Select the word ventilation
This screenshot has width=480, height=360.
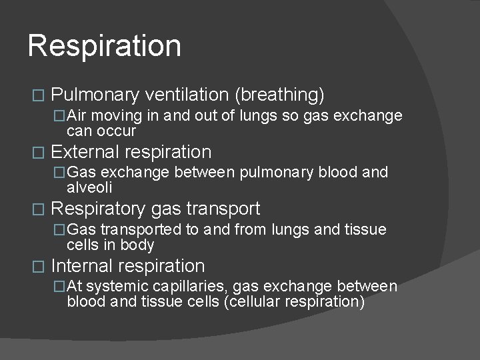point(187,95)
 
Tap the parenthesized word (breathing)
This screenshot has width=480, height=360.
point(280,95)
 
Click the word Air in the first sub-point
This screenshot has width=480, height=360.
point(83,116)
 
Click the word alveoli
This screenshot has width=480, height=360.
point(89,188)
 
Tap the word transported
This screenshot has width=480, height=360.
point(140,230)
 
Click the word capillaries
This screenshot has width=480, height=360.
point(179,287)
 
